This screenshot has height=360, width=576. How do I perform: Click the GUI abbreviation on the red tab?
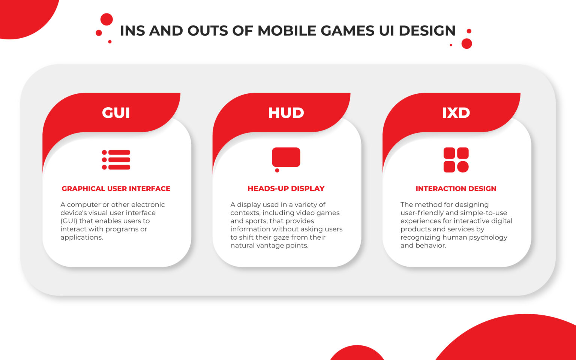point(116,113)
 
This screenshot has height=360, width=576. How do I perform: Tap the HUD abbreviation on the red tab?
point(286,113)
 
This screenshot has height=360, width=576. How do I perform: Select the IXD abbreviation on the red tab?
point(456,113)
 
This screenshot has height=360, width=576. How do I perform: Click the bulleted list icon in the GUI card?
point(116,160)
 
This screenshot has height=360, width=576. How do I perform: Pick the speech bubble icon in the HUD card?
point(286,157)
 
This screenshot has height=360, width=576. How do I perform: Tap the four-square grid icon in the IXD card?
point(456,160)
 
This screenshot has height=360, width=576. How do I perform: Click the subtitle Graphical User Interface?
point(116,189)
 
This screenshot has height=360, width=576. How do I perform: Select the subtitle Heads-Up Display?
point(286,189)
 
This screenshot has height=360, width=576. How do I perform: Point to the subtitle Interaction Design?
point(456,189)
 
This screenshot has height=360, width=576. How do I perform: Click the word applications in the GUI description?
point(81,237)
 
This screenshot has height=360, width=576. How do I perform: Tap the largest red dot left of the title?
point(106,19)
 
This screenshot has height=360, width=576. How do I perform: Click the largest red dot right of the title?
point(466,43)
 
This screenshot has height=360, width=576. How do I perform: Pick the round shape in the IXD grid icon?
point(463,166)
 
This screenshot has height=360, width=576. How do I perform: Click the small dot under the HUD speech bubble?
point(277,171)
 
